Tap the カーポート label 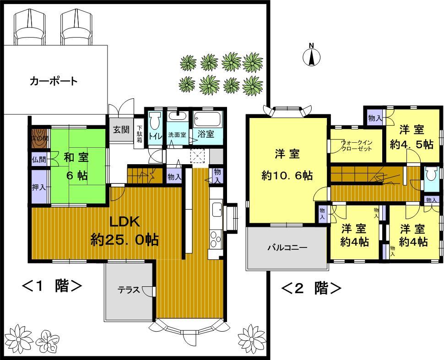(54, 82)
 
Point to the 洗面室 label (177, 135)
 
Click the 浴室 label (206, 134)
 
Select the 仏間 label (38, 160)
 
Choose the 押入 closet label (38, 188)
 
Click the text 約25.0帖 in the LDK (125, 240)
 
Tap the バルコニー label (287, 248)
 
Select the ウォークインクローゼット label (357, 145)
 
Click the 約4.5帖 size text (412, 145)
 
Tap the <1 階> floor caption (52, 287)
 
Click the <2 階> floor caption (312, 289)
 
